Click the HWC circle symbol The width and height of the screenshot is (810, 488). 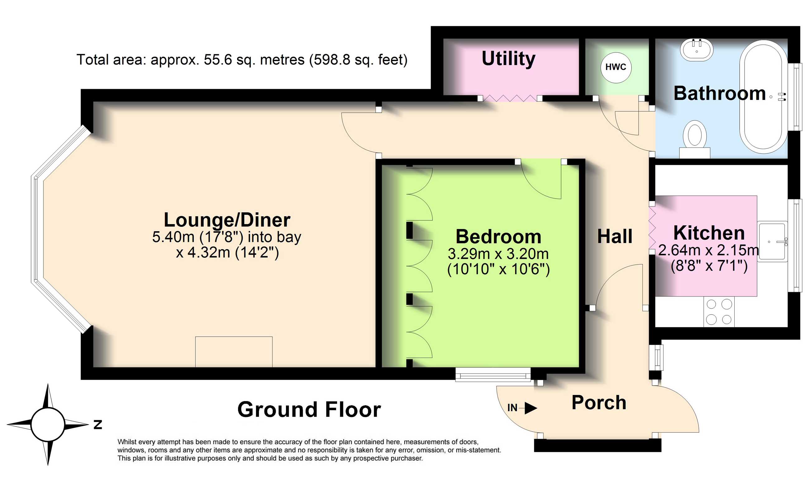[616, 67]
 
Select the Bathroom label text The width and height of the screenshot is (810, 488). [720, 93]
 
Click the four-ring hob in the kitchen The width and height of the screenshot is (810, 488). [719, 312]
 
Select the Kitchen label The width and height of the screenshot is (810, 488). [709, 233]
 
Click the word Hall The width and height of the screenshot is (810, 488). [614, 236]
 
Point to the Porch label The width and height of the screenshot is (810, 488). [599, 403]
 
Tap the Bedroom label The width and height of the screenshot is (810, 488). [498, 237]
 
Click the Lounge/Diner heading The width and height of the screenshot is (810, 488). [227, 220]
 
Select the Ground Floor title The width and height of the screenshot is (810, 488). [309, 410]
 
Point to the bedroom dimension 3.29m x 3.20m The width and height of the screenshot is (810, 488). [498, 254]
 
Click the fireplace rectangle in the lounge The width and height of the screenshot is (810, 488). [234, 352]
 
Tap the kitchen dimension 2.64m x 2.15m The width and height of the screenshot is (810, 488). [708, 251]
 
